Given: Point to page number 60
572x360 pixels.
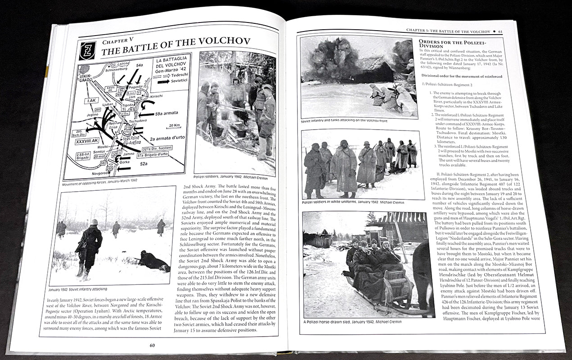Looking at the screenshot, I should click(153, 346).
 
